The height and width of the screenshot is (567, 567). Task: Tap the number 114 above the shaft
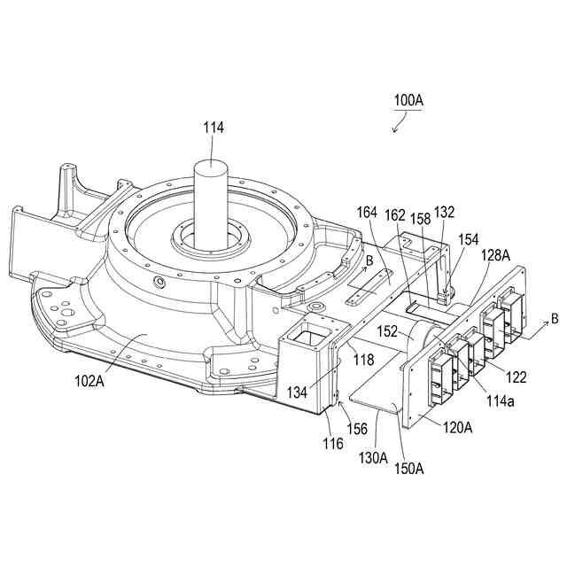214,128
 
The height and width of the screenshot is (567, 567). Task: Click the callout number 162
394,214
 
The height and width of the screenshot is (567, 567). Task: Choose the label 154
467,241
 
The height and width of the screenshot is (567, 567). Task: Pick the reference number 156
357,427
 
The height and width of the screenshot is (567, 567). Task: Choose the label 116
333,443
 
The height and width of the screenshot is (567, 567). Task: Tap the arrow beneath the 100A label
399,125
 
